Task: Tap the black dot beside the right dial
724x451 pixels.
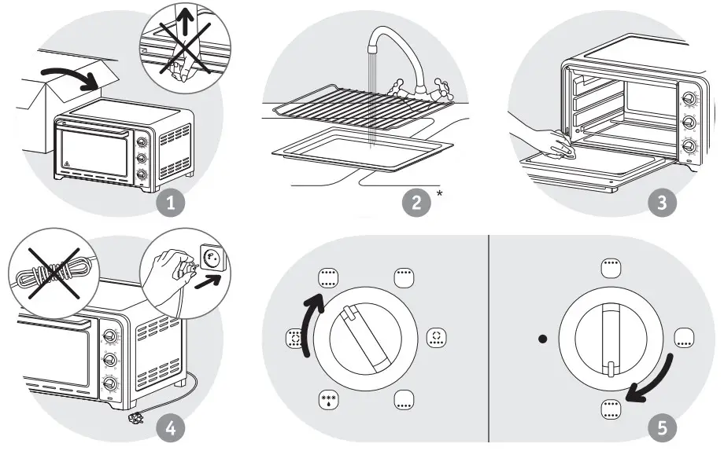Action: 542,339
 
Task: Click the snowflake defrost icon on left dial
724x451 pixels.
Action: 328,399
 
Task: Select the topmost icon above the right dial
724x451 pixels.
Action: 611,268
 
